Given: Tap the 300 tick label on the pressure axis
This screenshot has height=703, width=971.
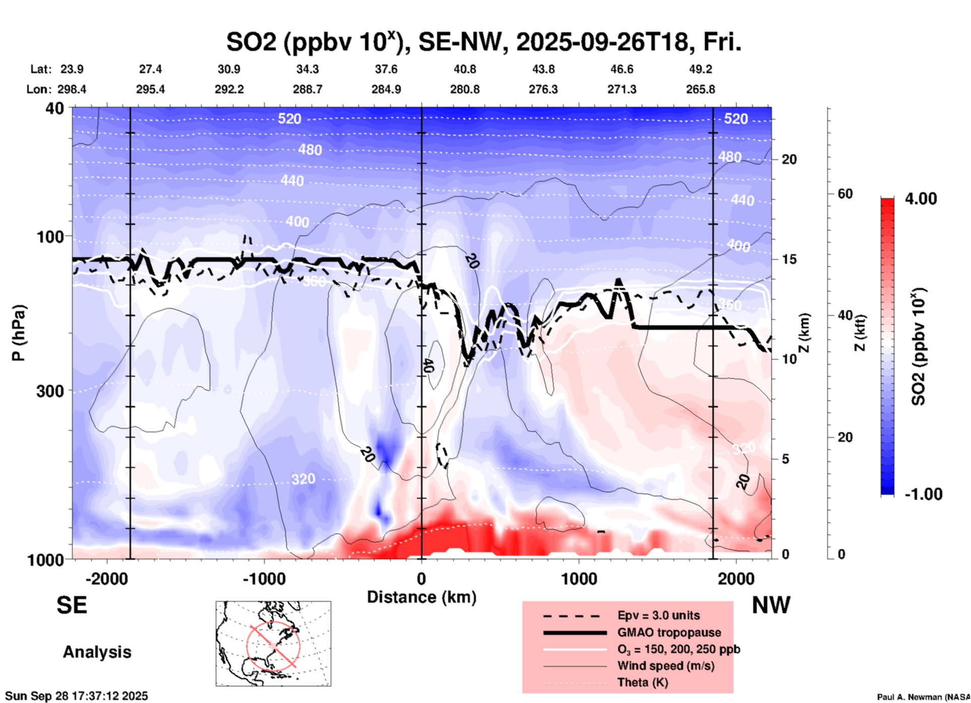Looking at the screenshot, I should pyautogui.click(x=50, y=391).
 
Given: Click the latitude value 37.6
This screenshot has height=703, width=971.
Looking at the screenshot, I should pyautogui.click(x=386, y=69).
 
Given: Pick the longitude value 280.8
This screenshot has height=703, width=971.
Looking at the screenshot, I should pyautogui.click(x=465, y=89).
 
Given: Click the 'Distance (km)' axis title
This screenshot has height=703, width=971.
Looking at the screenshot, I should pyautogui.click(x=421, y=597).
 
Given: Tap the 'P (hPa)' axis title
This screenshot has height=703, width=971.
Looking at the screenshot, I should pyautogui.click(x=19, y=333).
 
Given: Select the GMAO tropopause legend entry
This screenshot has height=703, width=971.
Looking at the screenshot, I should pyautogui.click(x=669, y=632).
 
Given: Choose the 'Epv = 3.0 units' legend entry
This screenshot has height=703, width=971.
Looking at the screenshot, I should pyautogui.click(x=658, y=615).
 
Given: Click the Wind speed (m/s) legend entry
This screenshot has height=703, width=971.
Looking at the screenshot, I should pyautogui.click(x=665, y=666).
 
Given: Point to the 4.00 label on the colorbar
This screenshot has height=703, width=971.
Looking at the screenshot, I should pyautogui.click(x=921, y=198).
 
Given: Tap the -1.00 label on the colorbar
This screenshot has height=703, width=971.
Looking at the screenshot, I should pyautogui.click(x=923, y=494).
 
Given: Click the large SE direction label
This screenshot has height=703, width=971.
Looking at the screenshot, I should pyautogui.click(x=72, y=605).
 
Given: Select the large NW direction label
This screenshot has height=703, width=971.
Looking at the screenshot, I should pyautogui.click(x=771, y=605).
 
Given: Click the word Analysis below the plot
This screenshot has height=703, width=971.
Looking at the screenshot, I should pyautogui.click(x=97, y=652).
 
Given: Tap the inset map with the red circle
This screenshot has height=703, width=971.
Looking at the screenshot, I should pyautogui.click(x=273, y=643).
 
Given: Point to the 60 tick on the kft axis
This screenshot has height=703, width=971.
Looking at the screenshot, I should pyautogui.click(x=845, y=194).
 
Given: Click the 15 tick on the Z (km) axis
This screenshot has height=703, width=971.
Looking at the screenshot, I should pyautogui.click(x=789, y=259).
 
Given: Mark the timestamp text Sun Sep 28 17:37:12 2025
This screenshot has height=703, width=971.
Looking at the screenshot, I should pyautogui.click(x=77, y=696).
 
